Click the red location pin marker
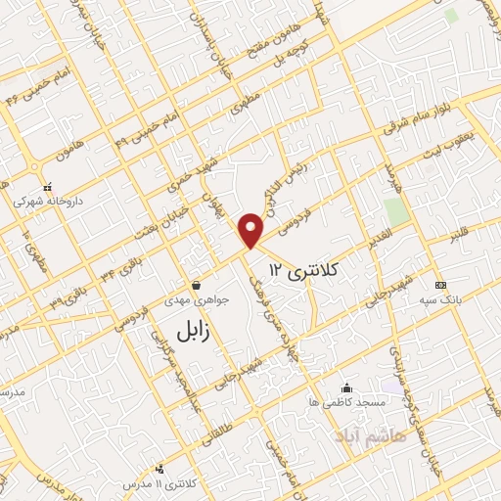pyautogui.click(x=252, y=229)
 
